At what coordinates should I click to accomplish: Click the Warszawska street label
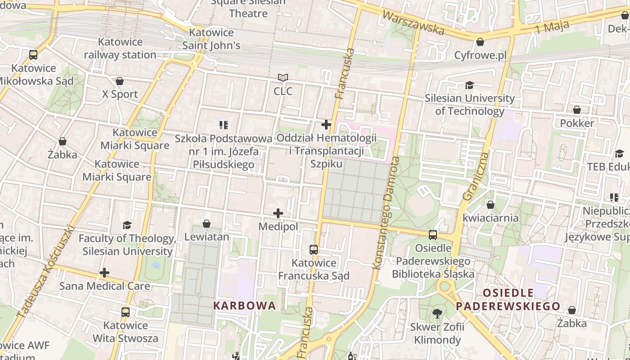[413, 22]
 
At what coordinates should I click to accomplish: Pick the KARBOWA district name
[244, 306]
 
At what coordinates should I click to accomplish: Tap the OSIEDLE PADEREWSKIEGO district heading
[508, 300]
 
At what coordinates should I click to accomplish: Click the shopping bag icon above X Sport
[120, 81]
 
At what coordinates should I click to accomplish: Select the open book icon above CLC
[283, 78]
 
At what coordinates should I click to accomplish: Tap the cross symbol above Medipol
[278, 213]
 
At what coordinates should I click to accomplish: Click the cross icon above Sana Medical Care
[104, 273]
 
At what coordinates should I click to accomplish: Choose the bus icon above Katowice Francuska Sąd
[314, 249]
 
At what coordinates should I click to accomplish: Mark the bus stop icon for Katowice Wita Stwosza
[126, 312]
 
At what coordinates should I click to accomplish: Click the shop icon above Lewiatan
[207, 224]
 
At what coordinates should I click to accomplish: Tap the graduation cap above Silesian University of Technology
[470, 85]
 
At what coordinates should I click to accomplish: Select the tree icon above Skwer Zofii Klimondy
[437, 314]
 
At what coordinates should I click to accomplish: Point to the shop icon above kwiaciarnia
[490, 205]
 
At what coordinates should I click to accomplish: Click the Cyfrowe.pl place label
[480, 55]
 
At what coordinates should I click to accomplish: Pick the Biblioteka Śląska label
[433, 274]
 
